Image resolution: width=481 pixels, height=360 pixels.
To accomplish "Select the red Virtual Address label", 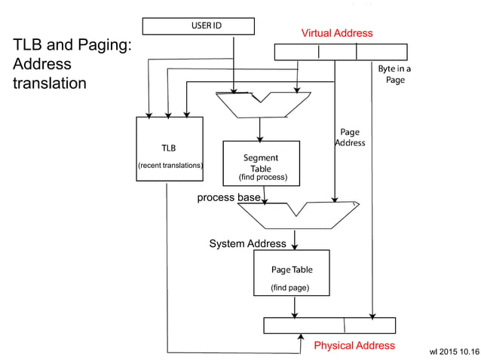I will [337, 33].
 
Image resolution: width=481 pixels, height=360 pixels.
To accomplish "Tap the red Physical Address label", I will [354, 346].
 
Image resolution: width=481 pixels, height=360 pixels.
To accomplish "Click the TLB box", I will [170, 148].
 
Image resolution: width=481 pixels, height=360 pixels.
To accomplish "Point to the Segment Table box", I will [261, 163].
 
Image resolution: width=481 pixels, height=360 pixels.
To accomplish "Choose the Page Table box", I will [291, 273].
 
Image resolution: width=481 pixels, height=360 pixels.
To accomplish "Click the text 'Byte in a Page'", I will [395, 74].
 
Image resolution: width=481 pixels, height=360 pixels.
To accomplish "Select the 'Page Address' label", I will [350, 137].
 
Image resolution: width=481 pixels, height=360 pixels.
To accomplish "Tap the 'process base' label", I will [229, 197].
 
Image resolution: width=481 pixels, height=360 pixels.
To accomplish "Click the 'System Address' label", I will [247, 244].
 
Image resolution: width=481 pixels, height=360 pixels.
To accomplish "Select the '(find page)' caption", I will [290, 288].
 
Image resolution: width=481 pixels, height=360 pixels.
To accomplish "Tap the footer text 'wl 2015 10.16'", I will [453, 351].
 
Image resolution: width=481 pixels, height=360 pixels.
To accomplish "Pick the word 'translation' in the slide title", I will [50, 82].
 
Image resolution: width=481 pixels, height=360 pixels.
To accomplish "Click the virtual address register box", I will [340, 52].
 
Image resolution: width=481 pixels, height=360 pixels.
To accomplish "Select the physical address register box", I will [329, 325].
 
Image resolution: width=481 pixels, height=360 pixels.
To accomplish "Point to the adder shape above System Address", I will [297, 215].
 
